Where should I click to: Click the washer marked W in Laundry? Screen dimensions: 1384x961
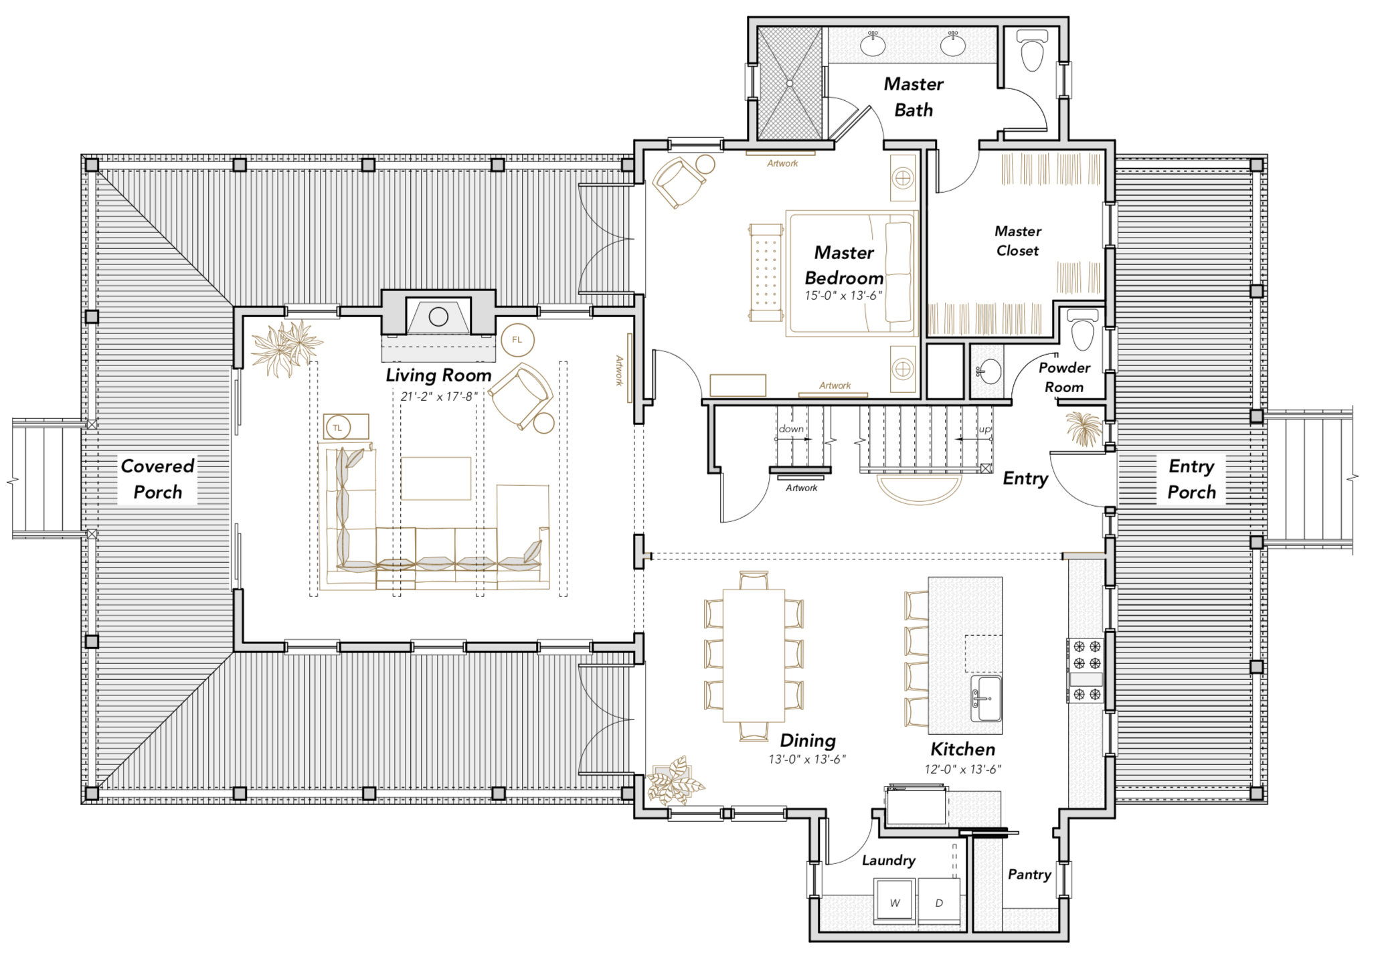click(x=895, y=901)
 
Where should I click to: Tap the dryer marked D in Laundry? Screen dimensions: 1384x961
click(x=939, y=901)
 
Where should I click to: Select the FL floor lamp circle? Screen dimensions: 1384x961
click(x=517, y=340)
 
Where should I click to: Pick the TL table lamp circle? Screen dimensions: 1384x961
click(x=338, y=428)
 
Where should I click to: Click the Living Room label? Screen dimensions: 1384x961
click(x=438, y=375)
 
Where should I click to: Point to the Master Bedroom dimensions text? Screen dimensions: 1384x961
click(x=843, y=296)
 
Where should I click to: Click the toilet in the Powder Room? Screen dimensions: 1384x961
click(x=1083, y=329)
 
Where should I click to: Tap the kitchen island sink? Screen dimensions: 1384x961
click(x=986, y=698)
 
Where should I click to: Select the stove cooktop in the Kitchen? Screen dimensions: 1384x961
click(x=1085, y=671)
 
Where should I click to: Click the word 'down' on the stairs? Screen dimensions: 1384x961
click(x=791, y=429)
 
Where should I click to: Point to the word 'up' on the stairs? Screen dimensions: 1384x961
click(x=984, y=429)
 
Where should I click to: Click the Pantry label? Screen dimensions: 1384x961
click(x=1029, y=875)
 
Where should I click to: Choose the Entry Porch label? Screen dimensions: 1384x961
click(x=1192, y=479)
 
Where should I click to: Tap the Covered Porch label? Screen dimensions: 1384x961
click(x=158, y=479)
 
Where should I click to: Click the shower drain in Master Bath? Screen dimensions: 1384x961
click(x=790, y=84)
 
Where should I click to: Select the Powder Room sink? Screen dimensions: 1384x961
click(x=989, y=371)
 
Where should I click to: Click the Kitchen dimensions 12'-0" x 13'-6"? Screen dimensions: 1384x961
click(x=963, y=770)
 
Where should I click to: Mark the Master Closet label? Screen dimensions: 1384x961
click(x=1018, y=241)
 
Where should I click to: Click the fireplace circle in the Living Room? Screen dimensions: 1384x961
click(x=438, y=317)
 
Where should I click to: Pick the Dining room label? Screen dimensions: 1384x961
click(x=808, y=741)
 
